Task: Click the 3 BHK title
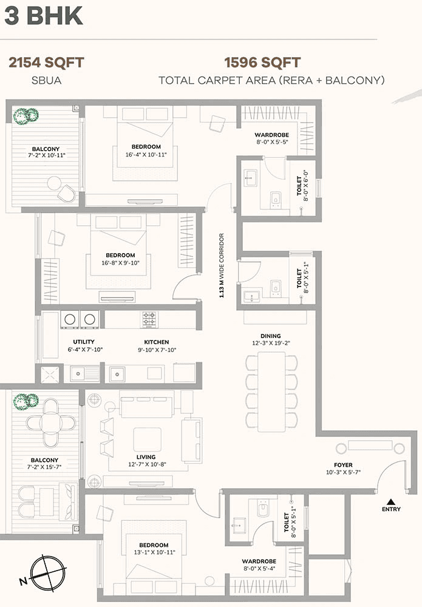pos(44,16)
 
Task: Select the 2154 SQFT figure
pos(46,63)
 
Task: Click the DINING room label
pos(270,336)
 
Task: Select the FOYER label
pos(344,466)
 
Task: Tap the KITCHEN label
pos(157,342)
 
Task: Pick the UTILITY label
pos(84,342)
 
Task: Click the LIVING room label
pos(146,457)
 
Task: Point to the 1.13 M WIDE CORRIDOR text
pos(223,265)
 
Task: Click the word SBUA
pos(46,80)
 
